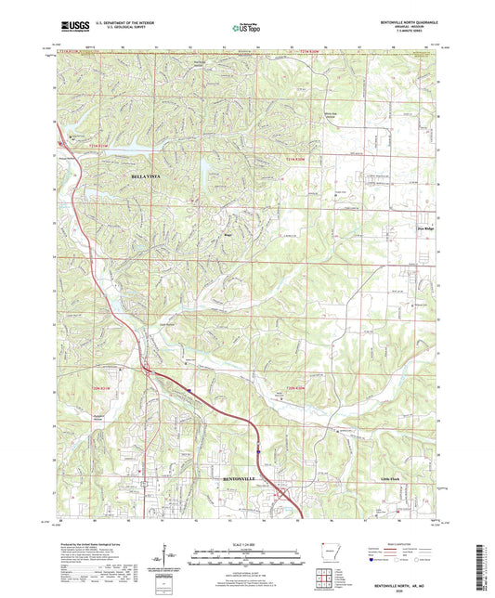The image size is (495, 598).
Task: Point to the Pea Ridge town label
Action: [x=424, y=227]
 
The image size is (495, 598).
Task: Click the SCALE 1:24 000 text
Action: [x=247, y=543]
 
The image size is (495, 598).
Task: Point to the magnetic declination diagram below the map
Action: [x=168, y=555]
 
